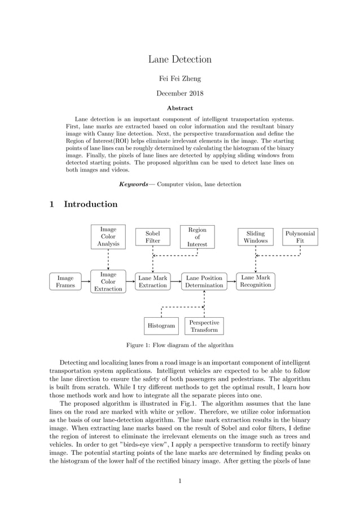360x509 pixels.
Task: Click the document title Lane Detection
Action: pos(179,59)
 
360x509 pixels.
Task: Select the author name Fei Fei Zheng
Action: pos(179,78)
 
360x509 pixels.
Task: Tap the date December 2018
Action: pos(179,93)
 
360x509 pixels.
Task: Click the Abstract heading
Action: pos(179,108)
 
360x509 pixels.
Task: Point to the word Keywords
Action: pos(134,185)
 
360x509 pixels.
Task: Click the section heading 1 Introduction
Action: pos(84,204)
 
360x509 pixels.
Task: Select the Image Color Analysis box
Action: pos(108,237)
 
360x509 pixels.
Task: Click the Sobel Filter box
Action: pos(152,237)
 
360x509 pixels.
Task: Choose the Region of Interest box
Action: pos(197,237)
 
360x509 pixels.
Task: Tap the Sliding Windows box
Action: pos(255,237)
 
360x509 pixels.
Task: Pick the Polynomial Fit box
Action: pos(300,237)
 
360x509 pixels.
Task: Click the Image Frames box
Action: pos(65,282)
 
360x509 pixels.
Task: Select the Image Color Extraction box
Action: pos(108,282)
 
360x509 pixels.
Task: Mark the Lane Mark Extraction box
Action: pos(152,282)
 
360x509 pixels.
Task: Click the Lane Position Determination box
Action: pos(204,282)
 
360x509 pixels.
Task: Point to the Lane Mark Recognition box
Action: pos(255,281)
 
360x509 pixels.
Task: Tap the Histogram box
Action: pos(161,326)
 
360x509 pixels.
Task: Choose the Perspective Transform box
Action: pos(204,326)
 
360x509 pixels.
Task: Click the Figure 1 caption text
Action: pos(179,345)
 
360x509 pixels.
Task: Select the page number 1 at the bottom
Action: pos(179,481)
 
